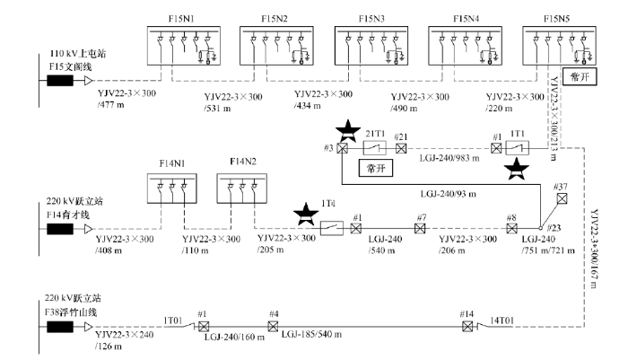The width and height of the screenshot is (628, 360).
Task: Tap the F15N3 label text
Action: point(371,17)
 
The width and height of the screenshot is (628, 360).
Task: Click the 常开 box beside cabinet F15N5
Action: point(576,73)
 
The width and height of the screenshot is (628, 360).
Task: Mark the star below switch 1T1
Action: point(516,168)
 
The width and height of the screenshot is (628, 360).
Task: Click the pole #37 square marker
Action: point(562,200)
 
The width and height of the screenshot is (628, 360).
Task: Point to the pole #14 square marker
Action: point(467,326)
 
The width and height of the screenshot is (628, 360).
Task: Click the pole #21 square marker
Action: point(401,147)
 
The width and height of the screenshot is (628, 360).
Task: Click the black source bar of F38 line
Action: point(60,328)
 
